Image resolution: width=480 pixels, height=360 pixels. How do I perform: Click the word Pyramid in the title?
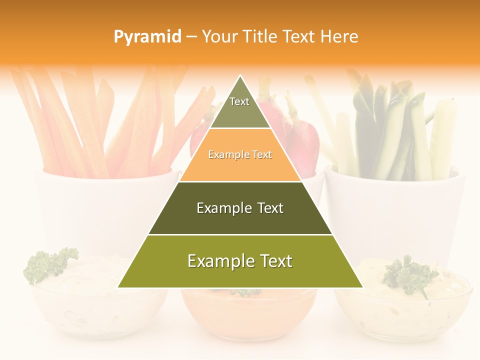coord(147,37)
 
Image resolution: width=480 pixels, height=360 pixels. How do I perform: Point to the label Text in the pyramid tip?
coord(239,101)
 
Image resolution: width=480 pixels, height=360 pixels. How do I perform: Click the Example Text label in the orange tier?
coord(240,155)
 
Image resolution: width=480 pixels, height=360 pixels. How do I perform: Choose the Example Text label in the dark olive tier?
coord(240,208)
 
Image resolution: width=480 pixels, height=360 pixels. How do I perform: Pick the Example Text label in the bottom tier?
coord(240,261)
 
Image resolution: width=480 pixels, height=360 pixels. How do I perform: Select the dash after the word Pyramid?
coord(191,36)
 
